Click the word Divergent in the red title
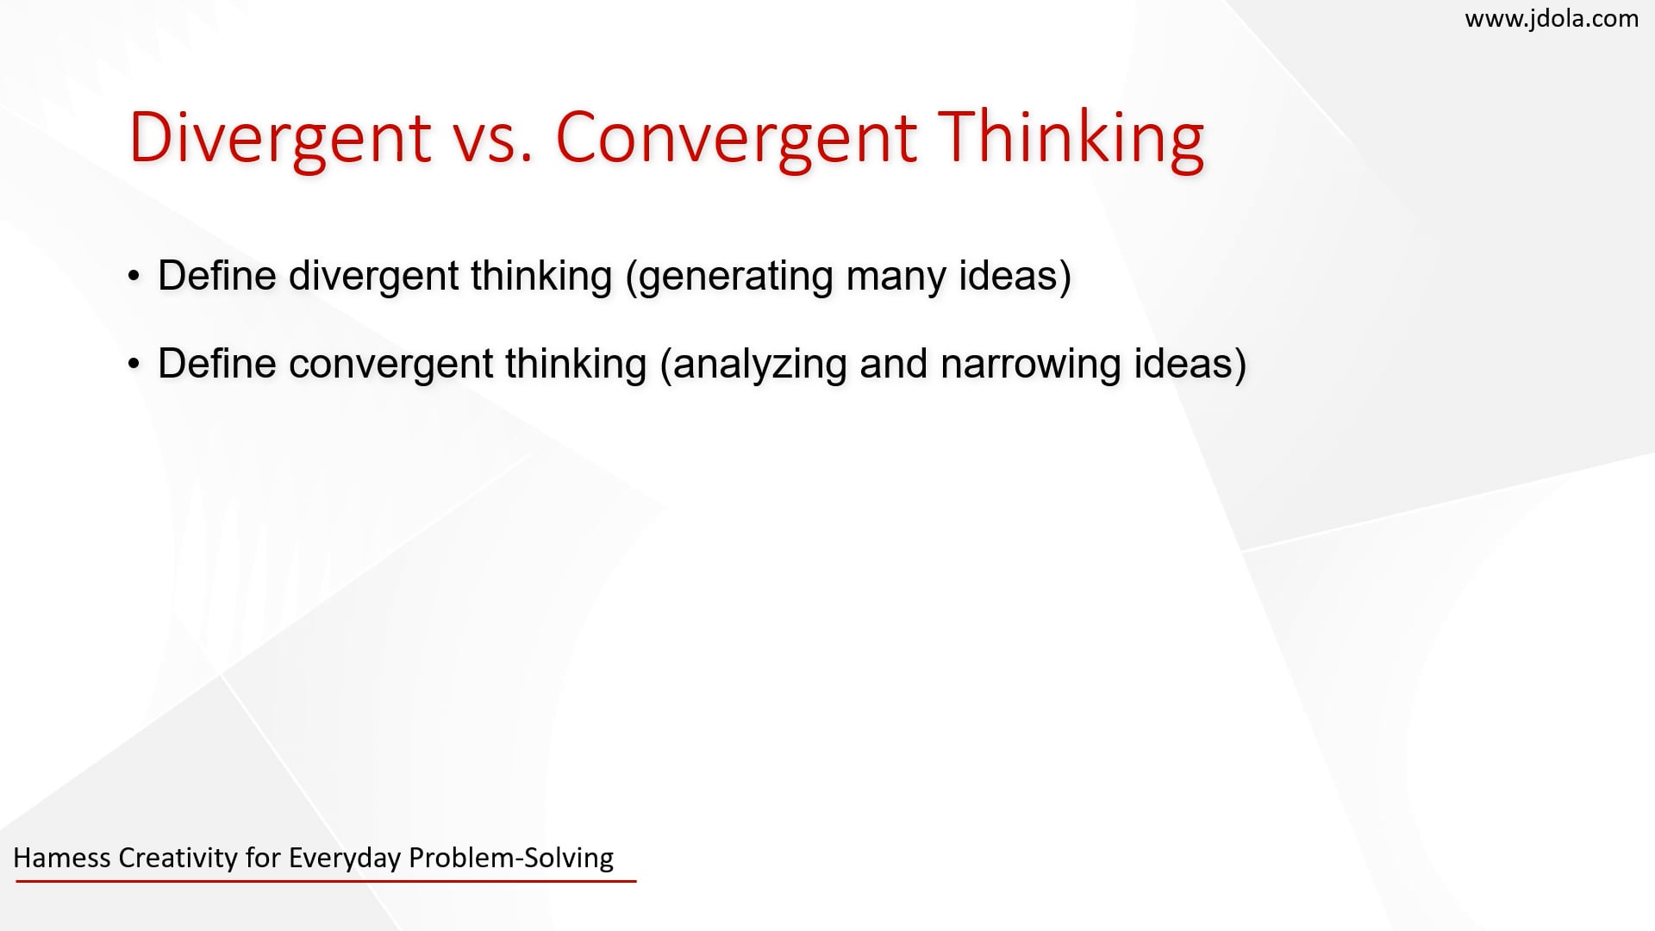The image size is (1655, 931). [279, 138]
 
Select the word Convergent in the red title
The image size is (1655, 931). [735, 138]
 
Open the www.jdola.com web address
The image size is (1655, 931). [1552, 18]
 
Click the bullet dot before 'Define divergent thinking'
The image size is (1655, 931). [134, 276]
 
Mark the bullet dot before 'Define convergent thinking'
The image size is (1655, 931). [134, 364]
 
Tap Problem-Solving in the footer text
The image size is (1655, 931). [511, 858]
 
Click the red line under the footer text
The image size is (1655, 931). [325, 881]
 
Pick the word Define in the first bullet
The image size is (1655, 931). [216, 276]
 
